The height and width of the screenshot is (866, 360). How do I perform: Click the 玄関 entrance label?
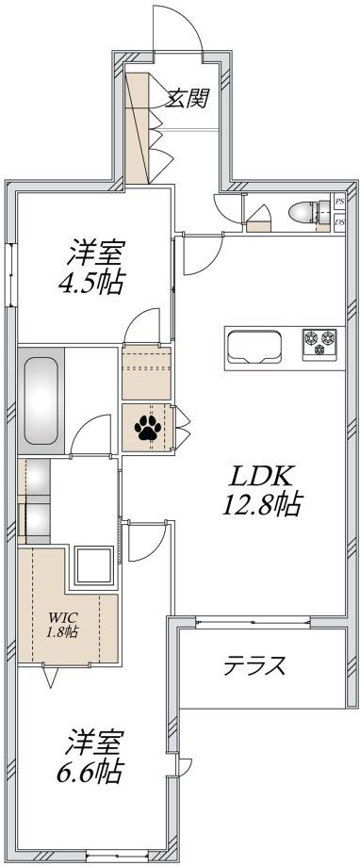pyautogui.click(x=187, y=99)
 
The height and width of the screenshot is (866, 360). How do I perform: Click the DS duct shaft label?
pyautogui.click(x=338, y=222)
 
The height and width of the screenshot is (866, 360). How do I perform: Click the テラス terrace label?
pyautogui.click(x=254, y=666)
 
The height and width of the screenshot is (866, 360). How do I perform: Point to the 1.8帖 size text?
pyautogui.click(x=63, y=631)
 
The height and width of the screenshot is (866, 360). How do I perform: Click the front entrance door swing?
pyautogui.click(x=179, y=28)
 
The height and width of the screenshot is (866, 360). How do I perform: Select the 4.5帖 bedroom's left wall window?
pyautogui.click(x=12, y=274)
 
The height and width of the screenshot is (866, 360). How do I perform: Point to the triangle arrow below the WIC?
pyautogui.click(x=52, y=677)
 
